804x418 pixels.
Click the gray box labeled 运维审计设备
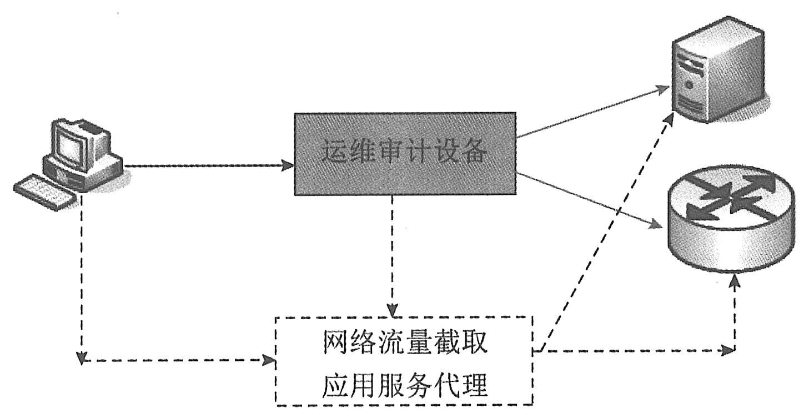[x=405, y=154]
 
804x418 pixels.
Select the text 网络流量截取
[x=405, y=344]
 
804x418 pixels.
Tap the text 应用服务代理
[x=405, y=385]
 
